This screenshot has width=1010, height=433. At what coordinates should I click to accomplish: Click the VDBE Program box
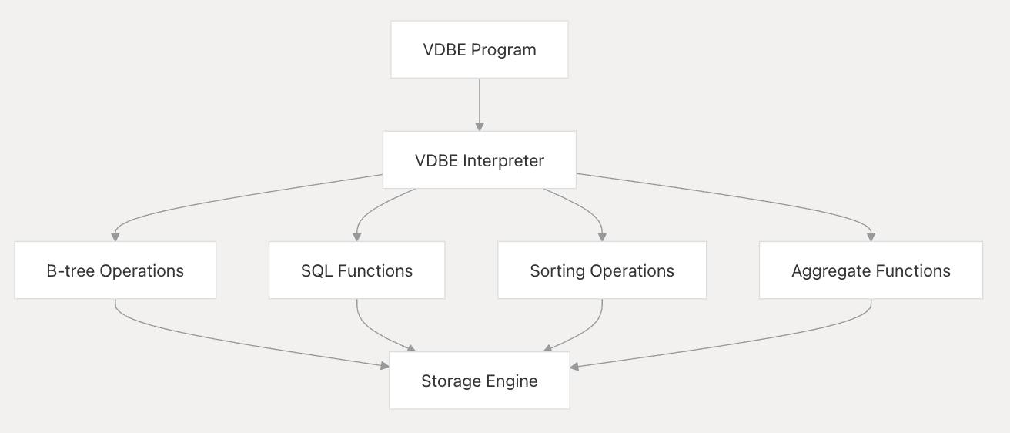[479, 49]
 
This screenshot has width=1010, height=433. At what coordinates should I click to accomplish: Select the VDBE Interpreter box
[479, 160]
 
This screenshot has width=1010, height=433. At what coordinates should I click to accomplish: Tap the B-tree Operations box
[115, 270]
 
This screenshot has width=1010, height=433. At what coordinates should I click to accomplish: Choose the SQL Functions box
[356, 270]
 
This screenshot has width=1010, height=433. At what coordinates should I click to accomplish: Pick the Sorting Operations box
[602, 270]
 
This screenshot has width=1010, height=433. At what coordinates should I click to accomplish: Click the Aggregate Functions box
[871, 270]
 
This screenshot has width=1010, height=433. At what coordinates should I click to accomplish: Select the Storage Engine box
[479, 381]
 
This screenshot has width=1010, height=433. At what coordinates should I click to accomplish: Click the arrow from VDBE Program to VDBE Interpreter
[479, 104]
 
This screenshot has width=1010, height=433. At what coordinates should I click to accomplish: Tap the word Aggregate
[825, 270]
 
